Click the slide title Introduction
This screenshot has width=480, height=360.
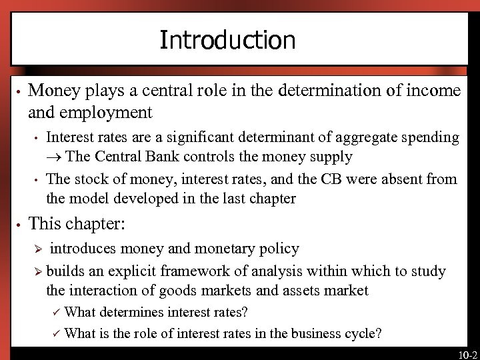(x=227, y=41)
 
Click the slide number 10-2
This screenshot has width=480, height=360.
(x=467, y=353)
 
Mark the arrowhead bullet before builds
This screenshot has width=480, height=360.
(x=38, y=271)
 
